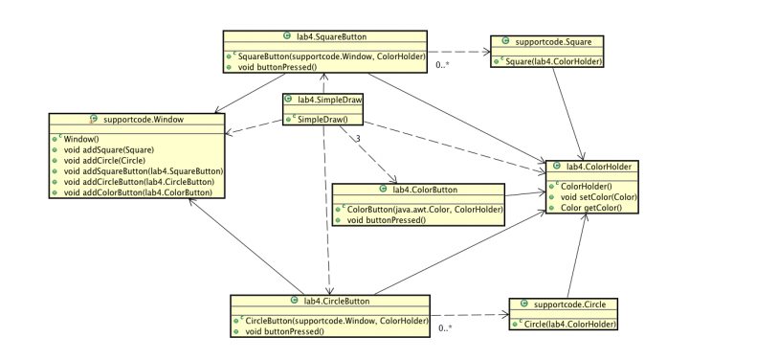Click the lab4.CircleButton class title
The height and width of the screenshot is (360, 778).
tap(330, 301)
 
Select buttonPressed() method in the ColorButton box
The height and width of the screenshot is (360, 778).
tap(383, 220)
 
